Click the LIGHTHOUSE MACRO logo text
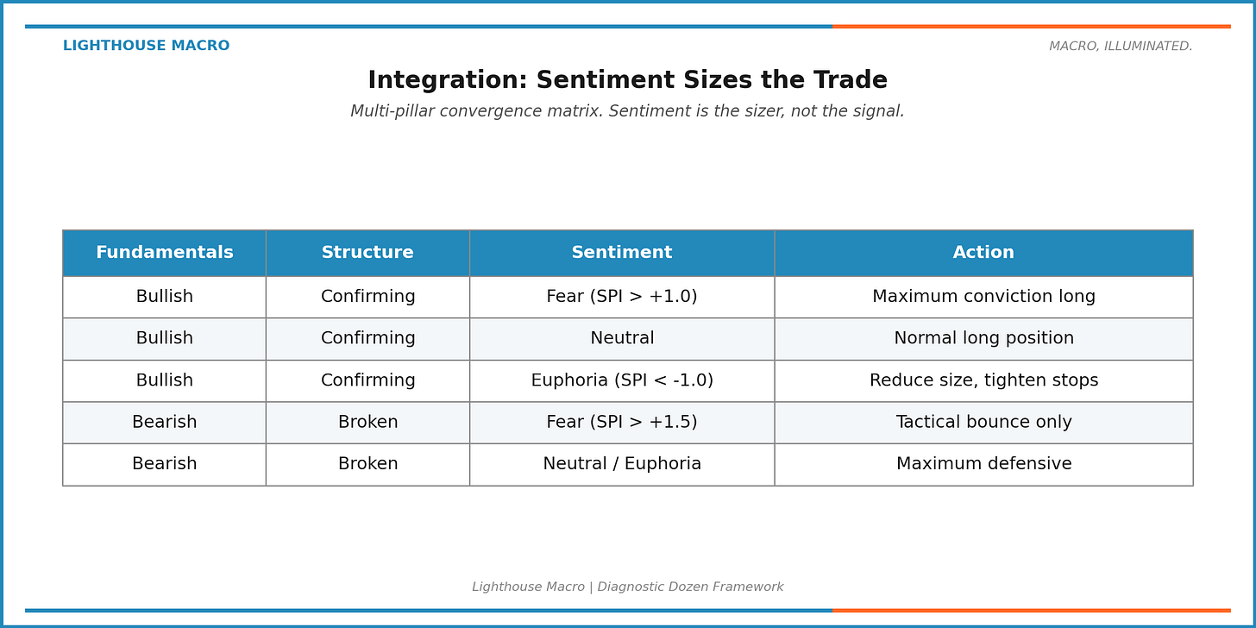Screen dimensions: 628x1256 [146, 47]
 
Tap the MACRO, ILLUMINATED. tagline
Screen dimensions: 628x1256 [1121, 47]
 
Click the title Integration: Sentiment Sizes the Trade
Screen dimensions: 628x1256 [627, 81]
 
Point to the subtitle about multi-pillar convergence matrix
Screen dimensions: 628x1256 [627, 112]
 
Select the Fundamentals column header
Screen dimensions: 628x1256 [164, 253]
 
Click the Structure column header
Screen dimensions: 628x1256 [367, 253]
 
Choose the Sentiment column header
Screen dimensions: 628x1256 [621, 253]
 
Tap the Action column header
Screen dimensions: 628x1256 [983, 253]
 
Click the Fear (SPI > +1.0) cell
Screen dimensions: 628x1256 [621, 297]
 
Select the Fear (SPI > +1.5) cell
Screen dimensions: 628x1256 [621, 423]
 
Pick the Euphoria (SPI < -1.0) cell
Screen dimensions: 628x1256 [621, 380]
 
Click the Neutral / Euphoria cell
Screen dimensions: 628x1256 [621, 464]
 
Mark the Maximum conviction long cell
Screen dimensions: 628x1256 [983, 297]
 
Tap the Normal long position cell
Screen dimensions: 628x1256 [983, 339]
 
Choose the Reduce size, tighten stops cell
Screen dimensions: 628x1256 [983, 380]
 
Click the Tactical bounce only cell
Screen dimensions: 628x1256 [983, 423]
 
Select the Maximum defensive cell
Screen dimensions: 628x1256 [983, 464]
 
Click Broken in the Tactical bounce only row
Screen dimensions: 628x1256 [367, 423]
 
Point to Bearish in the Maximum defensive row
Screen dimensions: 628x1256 [164, 464]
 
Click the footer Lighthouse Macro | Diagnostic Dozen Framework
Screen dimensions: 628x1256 [627, 587]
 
